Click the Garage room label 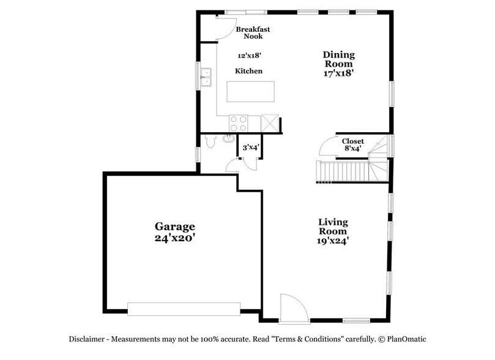(x=174, y=227)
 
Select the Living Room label (x=333, y=227)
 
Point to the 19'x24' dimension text (x=333, y=241)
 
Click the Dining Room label (x=338, y=59)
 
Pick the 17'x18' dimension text (x=338, y=72)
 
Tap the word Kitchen (x=248, y=71)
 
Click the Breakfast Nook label (x=253, y=32)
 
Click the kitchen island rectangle (x=250, y=91)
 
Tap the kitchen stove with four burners (x=238, y=123)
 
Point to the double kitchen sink (x=206, y=77)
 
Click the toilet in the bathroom (x=210, y=143)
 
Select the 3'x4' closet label (x=251, y=148)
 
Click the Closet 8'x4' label (x=352, y=144)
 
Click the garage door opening (x=184, y=309)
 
